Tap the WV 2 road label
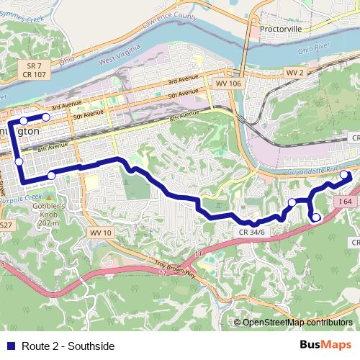[x=295, y=73]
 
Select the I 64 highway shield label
[x=346, y=202]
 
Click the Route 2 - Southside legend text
[x=68, y=346]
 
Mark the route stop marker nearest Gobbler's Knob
[x=51, y=176]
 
